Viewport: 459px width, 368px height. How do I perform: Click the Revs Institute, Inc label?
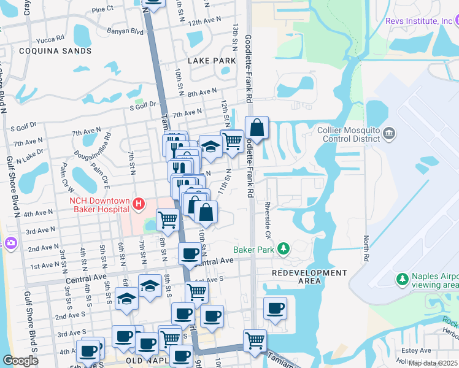pyautogui.click(x=418, y=21)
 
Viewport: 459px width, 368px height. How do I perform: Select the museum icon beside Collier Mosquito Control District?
pyautogui.click(x=388, y=133)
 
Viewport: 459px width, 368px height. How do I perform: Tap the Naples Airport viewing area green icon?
pyautogui.click(x=402, y=280)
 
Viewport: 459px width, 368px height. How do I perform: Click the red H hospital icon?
pyautogui.click(x=140, y=204)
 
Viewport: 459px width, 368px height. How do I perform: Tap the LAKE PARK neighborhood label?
pyautogui.click(x=212, y=61)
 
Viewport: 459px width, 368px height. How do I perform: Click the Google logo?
pyautogui.click(x=20, y=361)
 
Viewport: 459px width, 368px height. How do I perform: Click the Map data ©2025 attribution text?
pyautogui.click(x=433, y=363)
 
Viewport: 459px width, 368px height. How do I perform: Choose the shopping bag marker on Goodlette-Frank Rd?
pyautogui.click(x=257, y=128)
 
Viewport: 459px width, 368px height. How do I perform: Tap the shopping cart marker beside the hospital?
pyautogui.click(x=168, y=219)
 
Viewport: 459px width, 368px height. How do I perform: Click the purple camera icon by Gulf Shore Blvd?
pyautogui.click(x=10, y=243)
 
